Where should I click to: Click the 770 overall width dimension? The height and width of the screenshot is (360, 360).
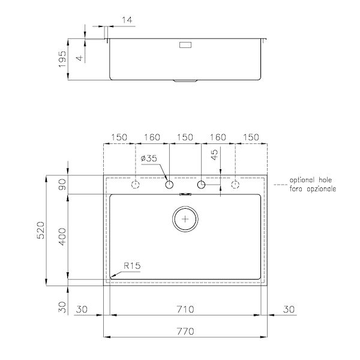[x=185, y=331]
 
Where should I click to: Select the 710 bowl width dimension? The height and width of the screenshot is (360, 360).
[x=185, y=309]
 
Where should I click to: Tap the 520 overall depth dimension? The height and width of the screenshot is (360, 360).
[x=41, y=230]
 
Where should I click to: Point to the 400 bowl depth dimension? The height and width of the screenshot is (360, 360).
[x=62, y=237]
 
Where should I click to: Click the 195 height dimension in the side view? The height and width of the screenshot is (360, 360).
[x=62, y=59]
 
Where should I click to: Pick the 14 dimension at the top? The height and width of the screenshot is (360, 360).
[x=127, y=20]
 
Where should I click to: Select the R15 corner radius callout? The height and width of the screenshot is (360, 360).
[x=132, y=266]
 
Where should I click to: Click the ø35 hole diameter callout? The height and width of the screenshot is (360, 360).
[x=149, y=158]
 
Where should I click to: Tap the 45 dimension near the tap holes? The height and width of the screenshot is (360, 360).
[x=214, y=155]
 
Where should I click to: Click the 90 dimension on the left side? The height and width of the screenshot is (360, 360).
[x=62, y=185]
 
